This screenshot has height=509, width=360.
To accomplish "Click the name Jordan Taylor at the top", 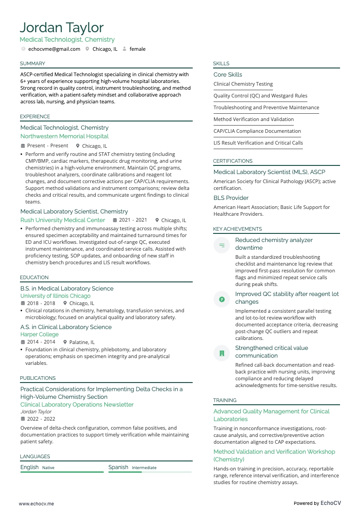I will [62, 28].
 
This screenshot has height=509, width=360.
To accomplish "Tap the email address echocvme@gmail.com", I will [57, 49].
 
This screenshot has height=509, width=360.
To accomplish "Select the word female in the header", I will [137, 49].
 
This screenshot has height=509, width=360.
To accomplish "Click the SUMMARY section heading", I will [33, 63].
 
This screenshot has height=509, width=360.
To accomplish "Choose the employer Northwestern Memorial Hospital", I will [64, 136].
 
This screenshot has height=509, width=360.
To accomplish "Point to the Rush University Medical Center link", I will [63, 220].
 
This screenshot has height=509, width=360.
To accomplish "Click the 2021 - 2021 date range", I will [133, 220].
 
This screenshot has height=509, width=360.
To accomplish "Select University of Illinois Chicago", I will [55, 296].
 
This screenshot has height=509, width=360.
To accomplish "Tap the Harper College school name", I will [39, 334].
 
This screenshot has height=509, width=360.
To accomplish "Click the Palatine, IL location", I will [82, 342].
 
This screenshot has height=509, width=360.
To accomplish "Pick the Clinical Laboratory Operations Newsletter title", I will [77, 404].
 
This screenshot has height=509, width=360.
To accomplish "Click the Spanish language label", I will [118, 467].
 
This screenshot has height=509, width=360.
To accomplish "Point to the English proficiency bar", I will [62, 472].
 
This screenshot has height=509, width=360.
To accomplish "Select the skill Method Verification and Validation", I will [253, 119].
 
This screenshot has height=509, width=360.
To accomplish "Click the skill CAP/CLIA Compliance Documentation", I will [257, 131].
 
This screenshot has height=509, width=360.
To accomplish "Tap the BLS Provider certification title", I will [231, 198].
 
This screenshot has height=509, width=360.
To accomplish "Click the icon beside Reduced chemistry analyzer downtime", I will [222, 245].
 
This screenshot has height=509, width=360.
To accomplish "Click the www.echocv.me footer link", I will [36, 503].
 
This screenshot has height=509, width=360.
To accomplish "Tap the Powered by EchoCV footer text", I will [317, 503].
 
